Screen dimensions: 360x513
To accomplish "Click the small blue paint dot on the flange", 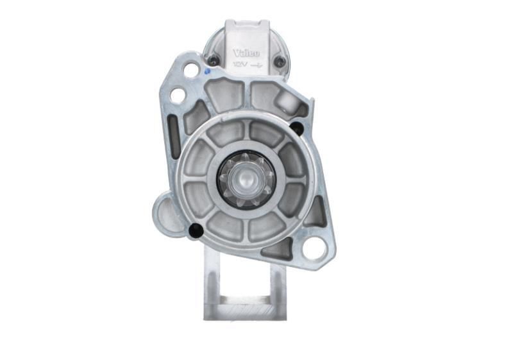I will pos(206,73).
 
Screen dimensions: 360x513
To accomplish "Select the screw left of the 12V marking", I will pos(212,61).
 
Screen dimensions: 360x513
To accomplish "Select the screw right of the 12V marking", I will pos(280,62).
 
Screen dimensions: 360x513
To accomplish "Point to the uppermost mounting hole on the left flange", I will pos(191,69).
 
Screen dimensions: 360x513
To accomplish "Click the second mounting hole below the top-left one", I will pos(178,96).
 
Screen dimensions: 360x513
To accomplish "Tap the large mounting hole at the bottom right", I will pos(314,248).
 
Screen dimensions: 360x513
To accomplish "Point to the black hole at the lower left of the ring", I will pos(197,229).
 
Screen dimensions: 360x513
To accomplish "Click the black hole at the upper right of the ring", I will pos(296,128).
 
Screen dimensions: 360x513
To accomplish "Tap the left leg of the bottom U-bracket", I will pos(214,282).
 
